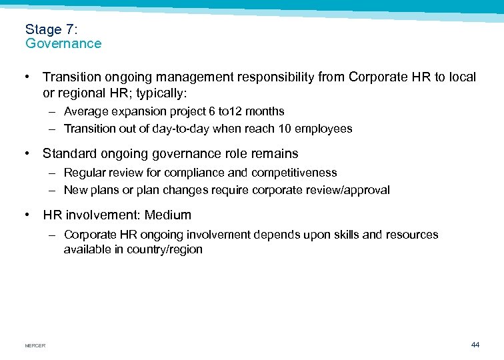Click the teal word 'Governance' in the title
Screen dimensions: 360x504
click(x=63, y=44)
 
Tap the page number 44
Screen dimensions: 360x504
click(x=475, y=345)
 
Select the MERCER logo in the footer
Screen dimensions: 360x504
click(x=35, y=345)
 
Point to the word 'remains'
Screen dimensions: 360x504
click(x=275, y=153)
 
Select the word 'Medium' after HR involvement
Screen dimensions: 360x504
click(x=167, y=215)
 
